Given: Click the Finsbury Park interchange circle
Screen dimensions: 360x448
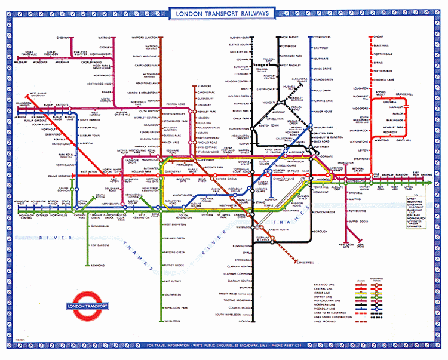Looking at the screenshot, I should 311,127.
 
